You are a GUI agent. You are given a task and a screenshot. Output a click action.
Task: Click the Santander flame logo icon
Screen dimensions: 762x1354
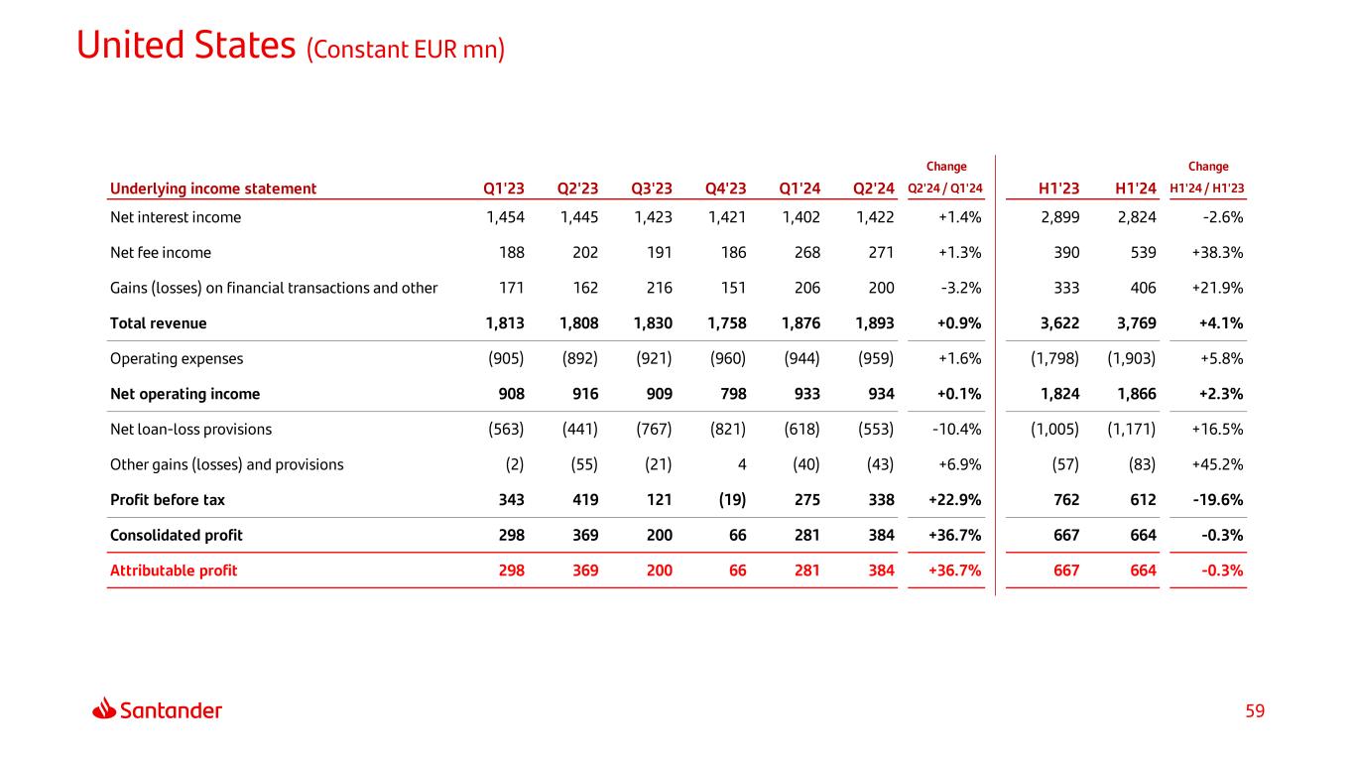click(x=104, y=709)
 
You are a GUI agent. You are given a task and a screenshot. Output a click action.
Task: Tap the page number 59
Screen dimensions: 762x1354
click(x=1256, y=710)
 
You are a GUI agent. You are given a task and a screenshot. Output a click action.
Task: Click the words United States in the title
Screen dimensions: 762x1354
click(x=185, y=46)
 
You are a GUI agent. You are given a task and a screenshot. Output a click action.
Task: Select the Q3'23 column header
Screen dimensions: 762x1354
click(x=652, y=189)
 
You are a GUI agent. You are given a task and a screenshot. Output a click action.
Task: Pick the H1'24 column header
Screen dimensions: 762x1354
click(x=1136, y=189)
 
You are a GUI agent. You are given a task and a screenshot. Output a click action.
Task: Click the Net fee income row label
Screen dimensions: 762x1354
click(x=160, y=252)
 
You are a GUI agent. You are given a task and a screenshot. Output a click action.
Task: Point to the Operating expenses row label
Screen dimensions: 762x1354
click(x=177, y=358)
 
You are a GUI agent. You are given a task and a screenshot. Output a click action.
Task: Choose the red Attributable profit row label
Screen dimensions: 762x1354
click(x=174, y=571)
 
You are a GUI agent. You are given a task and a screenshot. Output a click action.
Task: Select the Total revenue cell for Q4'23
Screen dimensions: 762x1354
click(x=726, y=322)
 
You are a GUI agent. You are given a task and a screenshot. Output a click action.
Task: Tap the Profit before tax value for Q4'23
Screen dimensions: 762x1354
click(x=729, y=499)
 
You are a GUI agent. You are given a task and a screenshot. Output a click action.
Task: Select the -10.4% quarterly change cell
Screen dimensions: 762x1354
click(x=956, y=429)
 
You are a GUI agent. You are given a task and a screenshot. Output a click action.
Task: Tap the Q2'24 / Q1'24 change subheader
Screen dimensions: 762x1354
click(x=945, y=190)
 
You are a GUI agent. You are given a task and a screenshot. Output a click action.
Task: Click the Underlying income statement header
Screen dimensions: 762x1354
click(x=213, y=189)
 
